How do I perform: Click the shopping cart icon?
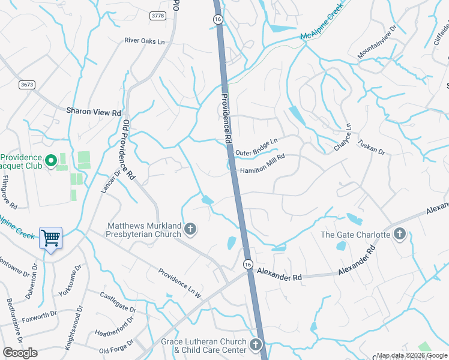click(51, 238)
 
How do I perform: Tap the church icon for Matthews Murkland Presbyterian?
click(190, 228)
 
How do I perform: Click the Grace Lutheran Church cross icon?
click(256, 344)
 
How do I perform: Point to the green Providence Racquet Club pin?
click(51, 160)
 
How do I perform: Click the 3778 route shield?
click(158, 16)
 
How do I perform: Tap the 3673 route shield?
click(26, 85)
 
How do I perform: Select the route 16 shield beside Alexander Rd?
click(247, 264)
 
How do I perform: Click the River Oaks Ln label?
click(144, 41)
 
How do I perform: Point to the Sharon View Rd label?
click(93, 112)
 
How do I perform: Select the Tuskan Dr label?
click(371, 147)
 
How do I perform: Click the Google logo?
click(20, 353)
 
